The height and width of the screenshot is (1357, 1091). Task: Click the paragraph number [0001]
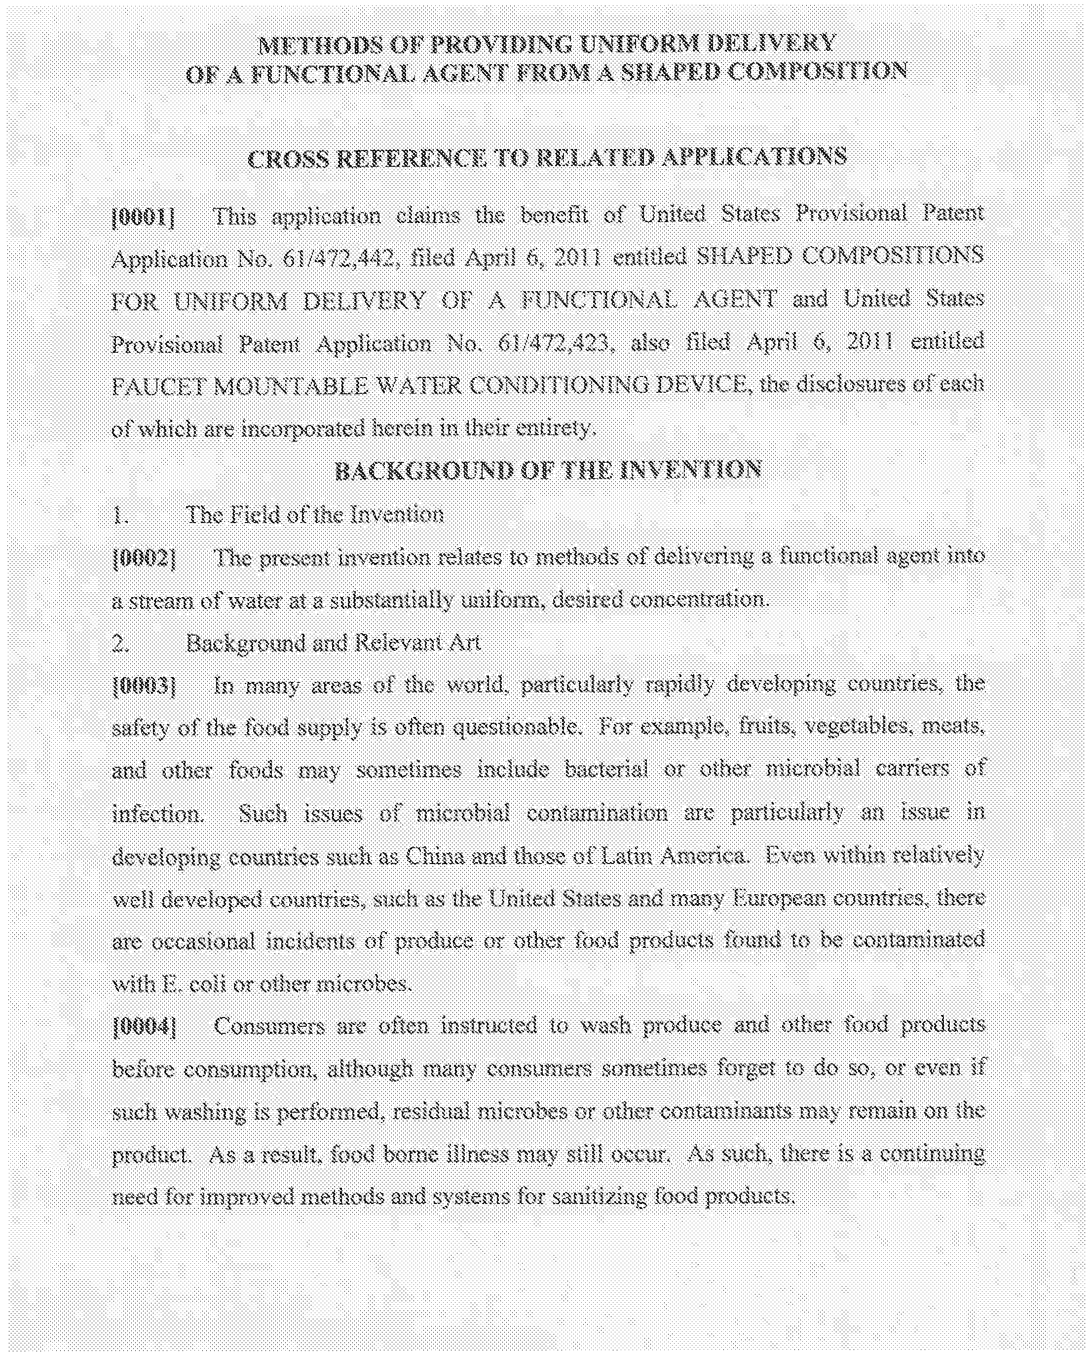pos(143,218)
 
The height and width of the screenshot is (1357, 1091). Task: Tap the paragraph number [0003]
pos(143,685)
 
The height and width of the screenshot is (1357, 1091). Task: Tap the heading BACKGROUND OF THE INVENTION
pos(548,471)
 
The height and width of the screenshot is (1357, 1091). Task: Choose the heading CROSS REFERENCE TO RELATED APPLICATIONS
pos(547,157)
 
